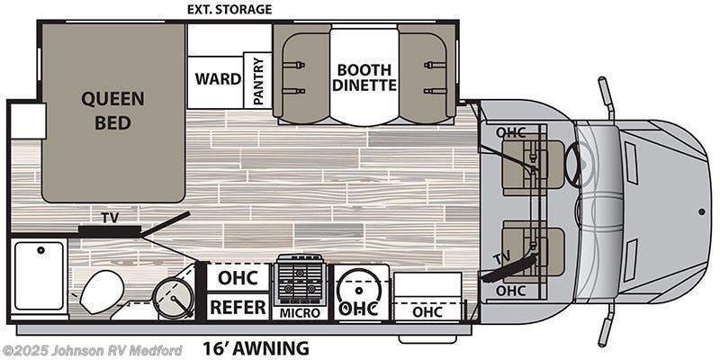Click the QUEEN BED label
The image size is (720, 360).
[113, 111]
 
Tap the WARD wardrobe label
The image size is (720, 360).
[218, 79]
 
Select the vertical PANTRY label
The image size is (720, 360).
[258, 81]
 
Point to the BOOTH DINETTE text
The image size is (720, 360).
[364, 77]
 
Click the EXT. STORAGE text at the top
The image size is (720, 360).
[229, 9]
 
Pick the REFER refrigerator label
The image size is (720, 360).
[238, 307]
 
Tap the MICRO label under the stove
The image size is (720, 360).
[301, 313]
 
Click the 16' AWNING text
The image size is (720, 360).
[256, 348]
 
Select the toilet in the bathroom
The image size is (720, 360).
[98, 292]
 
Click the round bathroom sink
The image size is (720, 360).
[174, 297]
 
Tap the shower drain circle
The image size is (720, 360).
[40, 250]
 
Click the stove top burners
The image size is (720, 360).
[300, 280]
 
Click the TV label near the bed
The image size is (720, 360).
[110, 218]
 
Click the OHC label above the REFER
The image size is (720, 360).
[238, 278]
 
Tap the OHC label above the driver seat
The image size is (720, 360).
[510, 132]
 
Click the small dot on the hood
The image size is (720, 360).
[702, 211]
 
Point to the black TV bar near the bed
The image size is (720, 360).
[110, 229]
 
